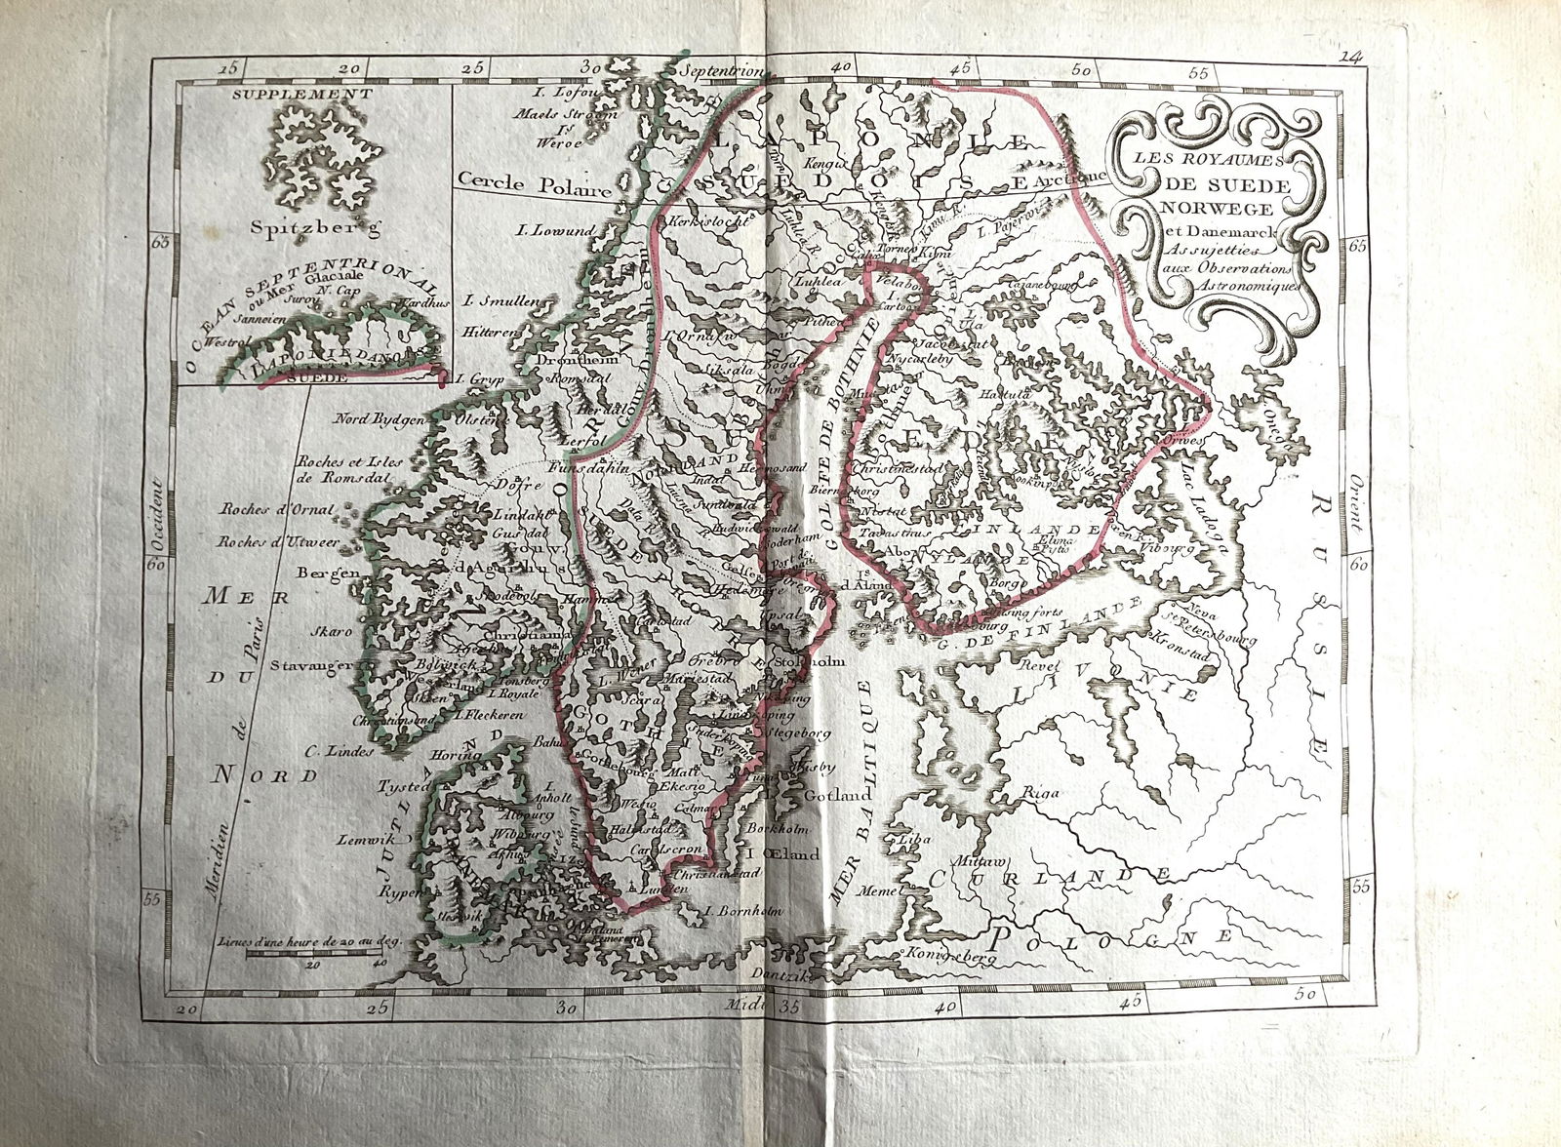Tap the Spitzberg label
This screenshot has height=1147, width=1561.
(x=302, y=230)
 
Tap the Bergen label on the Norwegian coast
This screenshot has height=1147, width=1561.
(x=329, y=573)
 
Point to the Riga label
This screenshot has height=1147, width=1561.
(x=1040, y=793)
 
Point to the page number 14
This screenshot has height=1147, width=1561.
(x=1350, y=58)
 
